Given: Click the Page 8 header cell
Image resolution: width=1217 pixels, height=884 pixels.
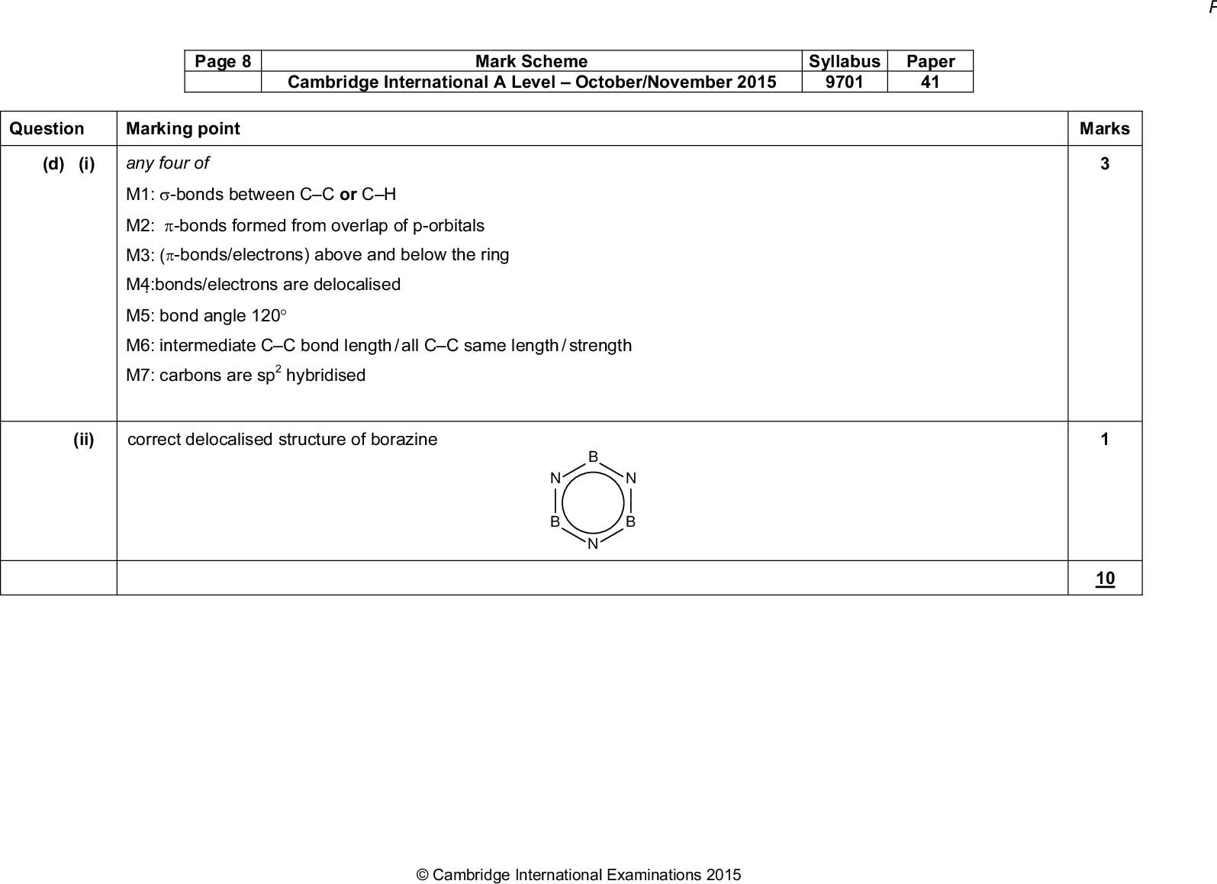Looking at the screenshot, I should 222,62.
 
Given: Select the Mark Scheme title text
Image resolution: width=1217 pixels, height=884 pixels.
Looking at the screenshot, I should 531,62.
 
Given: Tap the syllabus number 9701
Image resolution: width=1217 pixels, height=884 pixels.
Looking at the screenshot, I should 844,82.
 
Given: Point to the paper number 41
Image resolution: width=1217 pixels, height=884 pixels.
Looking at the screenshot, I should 929,82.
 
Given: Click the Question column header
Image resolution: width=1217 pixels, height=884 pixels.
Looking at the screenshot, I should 47,128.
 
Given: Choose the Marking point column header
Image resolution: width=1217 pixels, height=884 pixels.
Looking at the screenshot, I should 182,128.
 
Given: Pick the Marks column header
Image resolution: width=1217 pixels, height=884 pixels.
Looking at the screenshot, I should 1104,128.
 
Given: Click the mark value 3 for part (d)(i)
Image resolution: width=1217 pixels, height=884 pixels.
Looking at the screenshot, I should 1104,163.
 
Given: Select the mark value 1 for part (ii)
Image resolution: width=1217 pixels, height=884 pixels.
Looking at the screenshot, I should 1104,439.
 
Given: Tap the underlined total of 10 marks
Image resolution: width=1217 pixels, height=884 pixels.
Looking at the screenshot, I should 1104,579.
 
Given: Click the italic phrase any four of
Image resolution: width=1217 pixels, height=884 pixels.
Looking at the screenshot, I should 167,163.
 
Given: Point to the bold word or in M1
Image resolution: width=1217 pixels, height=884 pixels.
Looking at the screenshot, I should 348,195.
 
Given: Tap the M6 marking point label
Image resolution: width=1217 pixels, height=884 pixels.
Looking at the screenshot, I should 140,346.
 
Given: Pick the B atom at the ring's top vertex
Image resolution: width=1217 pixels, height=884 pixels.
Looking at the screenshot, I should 593,457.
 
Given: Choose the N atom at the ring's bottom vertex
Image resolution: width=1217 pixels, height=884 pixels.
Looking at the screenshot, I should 593,544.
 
